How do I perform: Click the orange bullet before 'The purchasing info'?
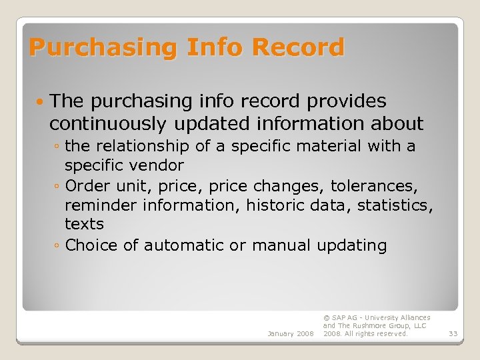pos(41,102)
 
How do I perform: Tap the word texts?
pos(84,224)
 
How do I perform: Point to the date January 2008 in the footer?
pos(291,333)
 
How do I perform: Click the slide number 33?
pos(453,333)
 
